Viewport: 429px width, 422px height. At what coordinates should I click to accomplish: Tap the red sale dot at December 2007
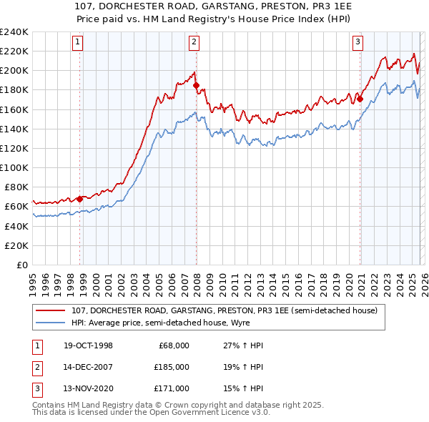click(x=196, y=85)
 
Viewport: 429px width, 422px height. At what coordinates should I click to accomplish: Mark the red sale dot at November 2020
click(x=360, y=99)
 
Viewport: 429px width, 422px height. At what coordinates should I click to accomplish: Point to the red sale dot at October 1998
click(x=80, y=199)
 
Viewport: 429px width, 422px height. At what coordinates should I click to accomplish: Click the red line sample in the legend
click(x=51, y=310)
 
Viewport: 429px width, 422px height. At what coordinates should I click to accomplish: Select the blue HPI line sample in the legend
click(x=51, y=323)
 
